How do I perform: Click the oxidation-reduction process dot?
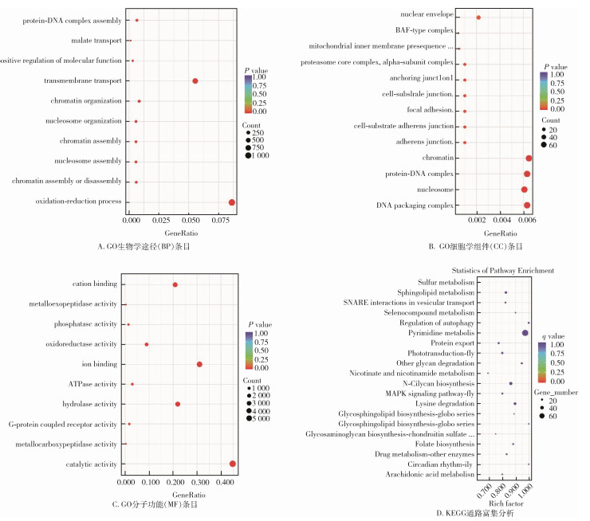point(232,202)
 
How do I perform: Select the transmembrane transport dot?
point(195,81)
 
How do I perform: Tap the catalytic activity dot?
point(233,464)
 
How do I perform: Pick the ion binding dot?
point(199,364)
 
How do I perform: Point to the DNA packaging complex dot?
point(527,206)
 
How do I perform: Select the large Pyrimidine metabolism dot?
point(525,332)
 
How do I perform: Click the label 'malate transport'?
point(97,40)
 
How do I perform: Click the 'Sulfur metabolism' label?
point(446,282)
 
